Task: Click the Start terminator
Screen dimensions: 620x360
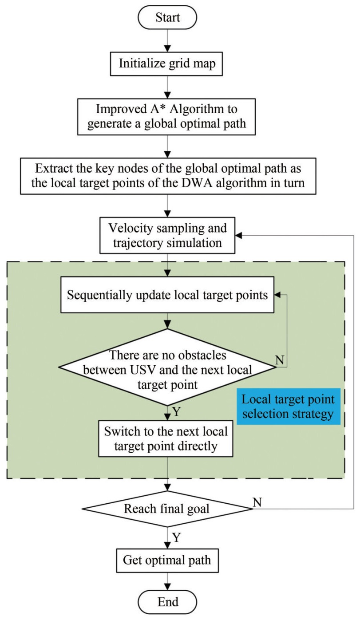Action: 167,17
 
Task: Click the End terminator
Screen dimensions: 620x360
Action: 167,602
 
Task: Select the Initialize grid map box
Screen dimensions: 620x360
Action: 167,63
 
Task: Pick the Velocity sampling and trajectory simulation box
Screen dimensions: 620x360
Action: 167,236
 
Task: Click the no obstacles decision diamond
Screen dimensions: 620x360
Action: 167,367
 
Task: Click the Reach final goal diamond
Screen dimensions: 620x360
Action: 167,508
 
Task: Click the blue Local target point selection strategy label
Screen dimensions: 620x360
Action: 288,406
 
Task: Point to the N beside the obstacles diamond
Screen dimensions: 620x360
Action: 280,359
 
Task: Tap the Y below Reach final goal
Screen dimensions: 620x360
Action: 176,538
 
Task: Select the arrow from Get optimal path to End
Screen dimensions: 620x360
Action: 167,582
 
